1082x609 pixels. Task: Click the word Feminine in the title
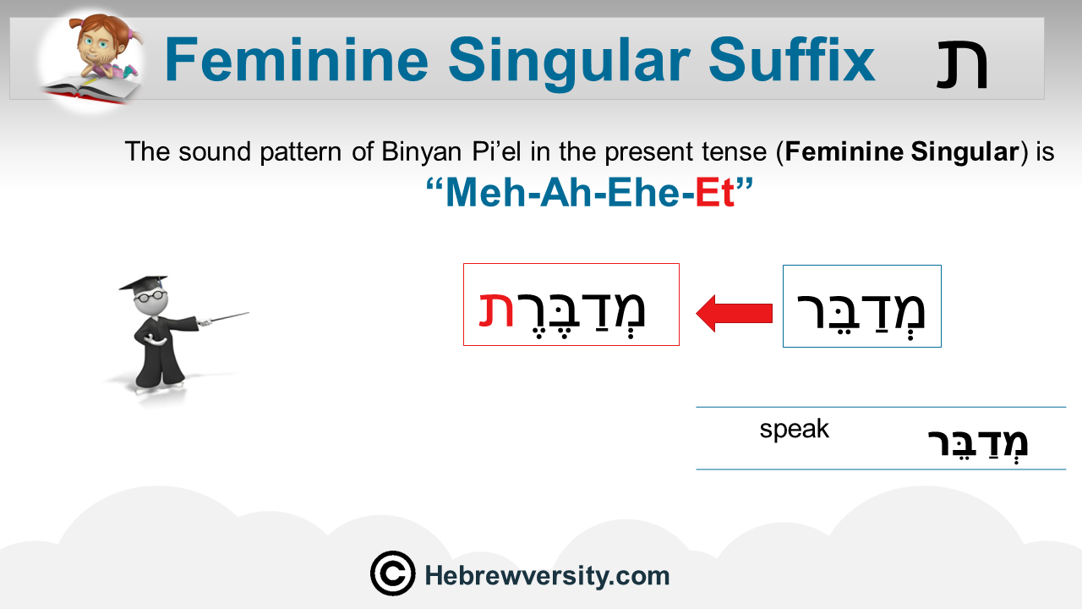click(x=297, y=60)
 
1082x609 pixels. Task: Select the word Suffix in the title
click(x=792, y=59)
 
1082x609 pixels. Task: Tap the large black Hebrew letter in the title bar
click(x=962, y=65)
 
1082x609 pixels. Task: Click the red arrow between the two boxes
click(x=735, y=314)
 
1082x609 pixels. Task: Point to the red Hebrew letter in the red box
click(x=496, y=310)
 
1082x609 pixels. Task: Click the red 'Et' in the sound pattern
click(x=715, y=193)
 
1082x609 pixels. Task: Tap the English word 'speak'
click(x=794, y=429)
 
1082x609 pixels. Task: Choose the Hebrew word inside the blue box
click(x=861, y=312)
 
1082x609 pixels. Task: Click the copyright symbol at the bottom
click(x=393, y=573)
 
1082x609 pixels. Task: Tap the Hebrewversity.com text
click(x=547, y=576)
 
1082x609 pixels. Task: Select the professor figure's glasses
click(x=148, y=296)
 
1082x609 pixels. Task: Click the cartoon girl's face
click(x=99, y=45)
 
